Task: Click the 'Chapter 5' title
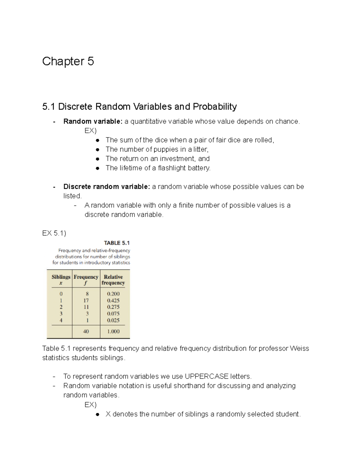point(68,61)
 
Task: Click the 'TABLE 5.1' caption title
point(117,243)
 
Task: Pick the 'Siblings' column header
point(61,277)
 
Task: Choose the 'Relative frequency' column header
point(113,280)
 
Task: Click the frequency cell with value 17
point(86,300)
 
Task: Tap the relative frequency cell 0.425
point(113,300)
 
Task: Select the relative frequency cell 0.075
point(113,314)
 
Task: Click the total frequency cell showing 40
point(86,331)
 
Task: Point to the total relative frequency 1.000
point(113,331)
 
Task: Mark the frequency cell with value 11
point(86,307)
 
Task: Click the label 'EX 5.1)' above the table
point(54,233)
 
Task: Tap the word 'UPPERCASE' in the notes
point(206,376)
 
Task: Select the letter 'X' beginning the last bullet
point(108,414)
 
